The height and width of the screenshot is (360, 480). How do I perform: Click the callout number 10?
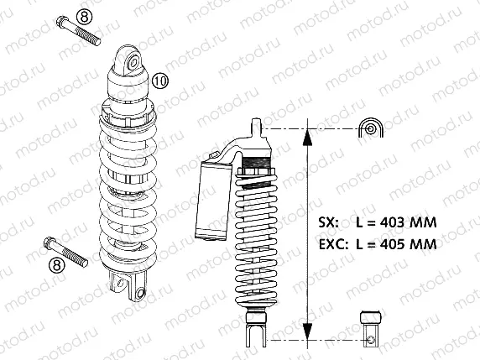coord(161,81)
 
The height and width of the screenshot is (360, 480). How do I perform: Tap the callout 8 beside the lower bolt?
coord(58,265)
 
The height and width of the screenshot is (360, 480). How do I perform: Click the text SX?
coord(329,223)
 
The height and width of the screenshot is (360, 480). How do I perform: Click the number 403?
coord(397,223)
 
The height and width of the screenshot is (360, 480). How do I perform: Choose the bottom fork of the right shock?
coord(256,334)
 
